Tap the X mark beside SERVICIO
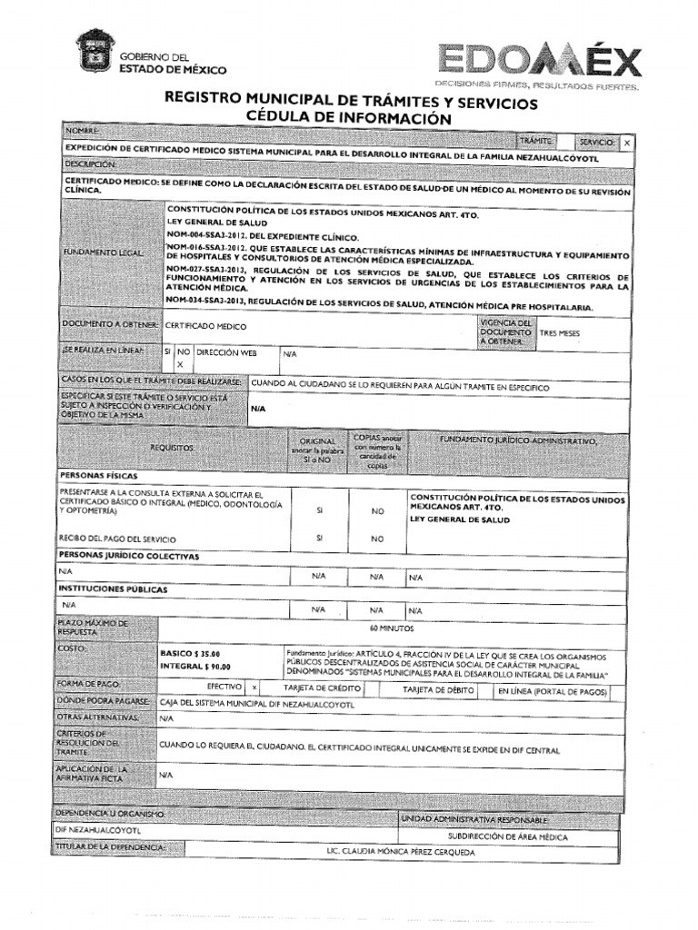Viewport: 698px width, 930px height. [627, 143]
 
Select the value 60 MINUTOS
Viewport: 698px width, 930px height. [392, 628]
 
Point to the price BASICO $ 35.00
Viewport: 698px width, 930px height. [189, 653]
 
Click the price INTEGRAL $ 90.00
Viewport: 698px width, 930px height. [194, 667]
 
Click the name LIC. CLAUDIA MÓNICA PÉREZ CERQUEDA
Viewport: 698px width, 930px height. [388, 852]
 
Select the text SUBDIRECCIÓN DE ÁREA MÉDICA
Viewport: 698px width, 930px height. [507, 836]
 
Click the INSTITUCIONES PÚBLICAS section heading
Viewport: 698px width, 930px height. [113, 589]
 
